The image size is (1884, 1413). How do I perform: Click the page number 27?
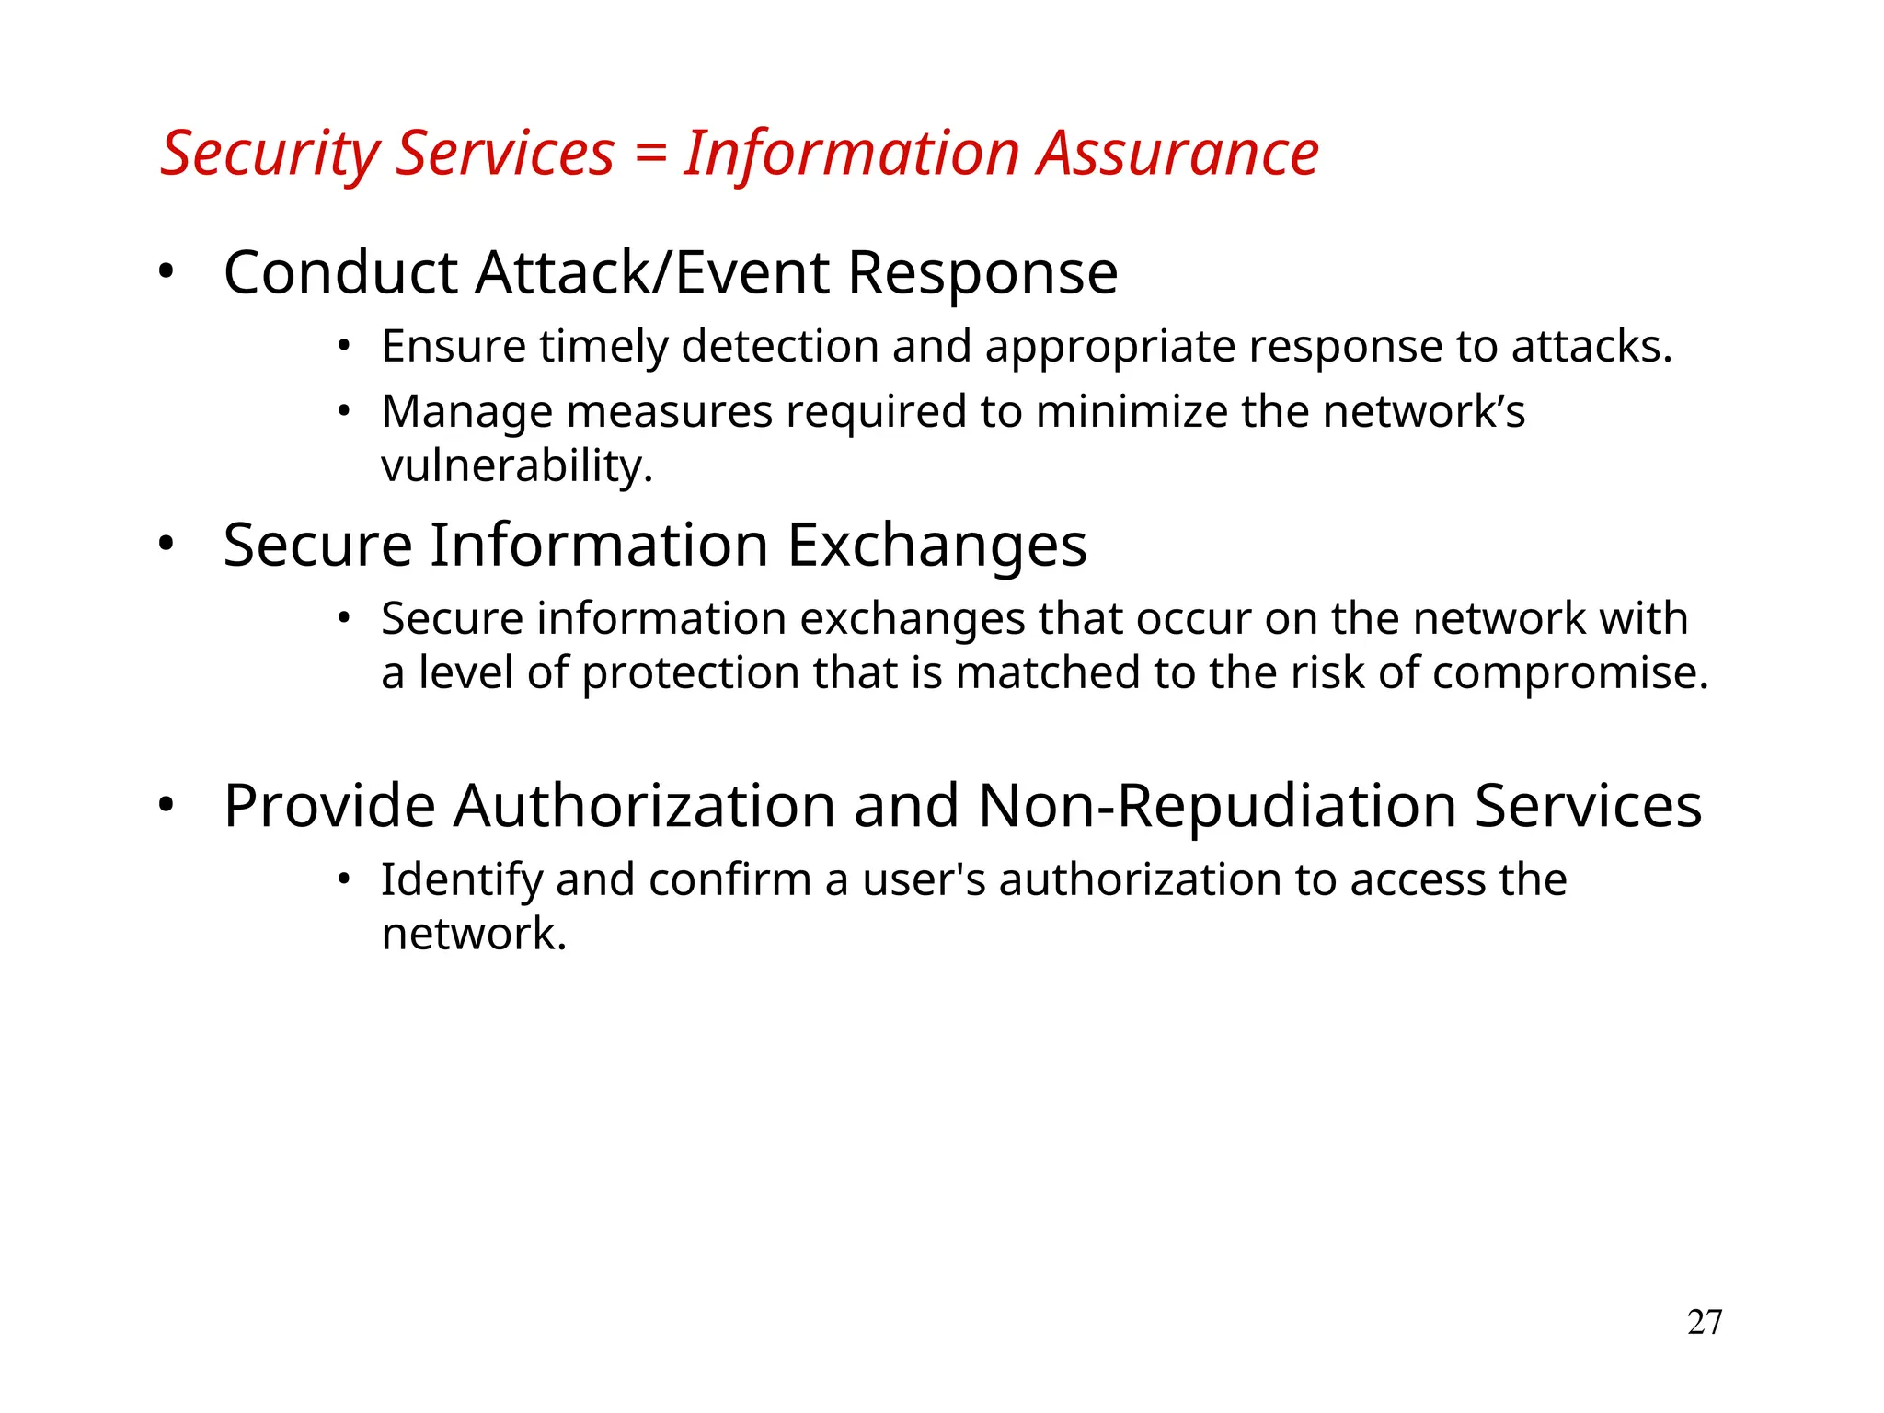pos(1704,1322)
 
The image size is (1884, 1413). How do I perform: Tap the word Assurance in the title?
pos(1178,153)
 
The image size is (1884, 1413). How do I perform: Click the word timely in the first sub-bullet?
pos(603,347)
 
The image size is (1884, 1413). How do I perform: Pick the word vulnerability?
pos(516,465)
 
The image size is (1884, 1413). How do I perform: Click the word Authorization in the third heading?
pos(644,806)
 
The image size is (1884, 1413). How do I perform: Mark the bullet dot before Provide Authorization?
pos(166,805)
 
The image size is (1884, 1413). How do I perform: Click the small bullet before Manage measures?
pos(343,411)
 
